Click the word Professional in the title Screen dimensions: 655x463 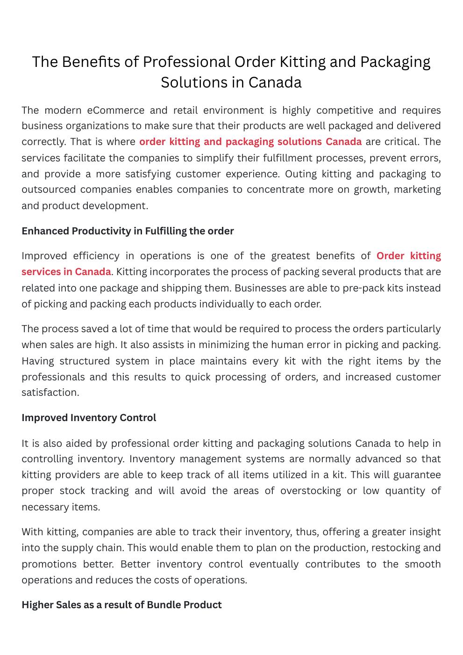(x=186, y=62)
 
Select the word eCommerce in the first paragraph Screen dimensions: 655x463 (x=115, y=110)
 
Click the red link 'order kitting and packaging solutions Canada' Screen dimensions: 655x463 (x=250, y=142)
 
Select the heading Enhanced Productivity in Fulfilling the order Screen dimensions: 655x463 (x=128, y=231)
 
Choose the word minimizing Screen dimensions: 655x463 (x=224, y=345)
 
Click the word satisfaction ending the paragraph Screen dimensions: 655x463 (x=50, y=393)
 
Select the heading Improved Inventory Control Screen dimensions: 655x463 (x=89, y=418)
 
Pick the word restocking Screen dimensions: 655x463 (x=397, y=548)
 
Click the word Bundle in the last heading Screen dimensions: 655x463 (x=164, y=605)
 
